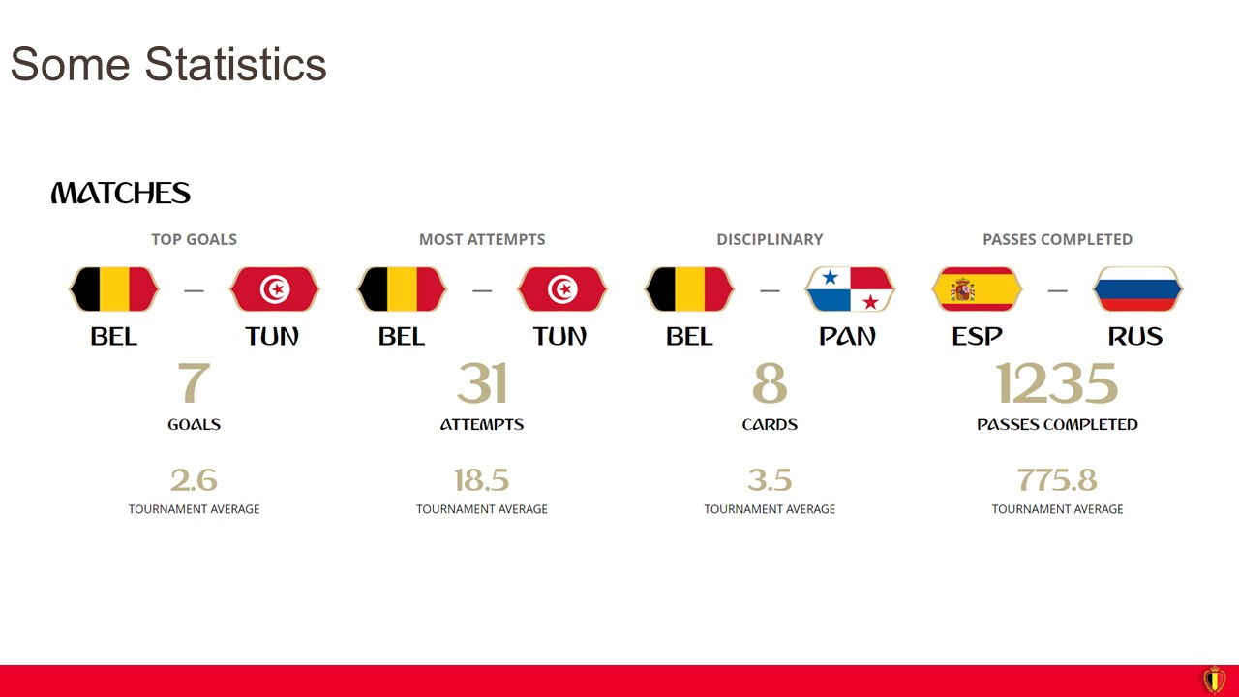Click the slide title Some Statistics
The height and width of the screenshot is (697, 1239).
[x=168, y=64]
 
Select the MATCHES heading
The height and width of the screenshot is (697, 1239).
[x=121, y=193]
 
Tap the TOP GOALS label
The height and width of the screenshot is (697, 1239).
[x=195, y=239]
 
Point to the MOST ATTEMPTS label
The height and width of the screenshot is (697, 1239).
[x=482, y=239]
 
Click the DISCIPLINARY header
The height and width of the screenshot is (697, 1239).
[x=770, y=239]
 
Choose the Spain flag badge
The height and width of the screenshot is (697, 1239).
[x=977, y=289]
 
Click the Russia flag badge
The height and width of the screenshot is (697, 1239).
[x=1137, y=289]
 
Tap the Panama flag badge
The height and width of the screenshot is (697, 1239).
[x=850, y=289]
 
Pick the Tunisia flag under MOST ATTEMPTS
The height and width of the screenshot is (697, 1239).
[x=562, y=289]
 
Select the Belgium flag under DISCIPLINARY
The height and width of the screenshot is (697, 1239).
[x=689, y=289]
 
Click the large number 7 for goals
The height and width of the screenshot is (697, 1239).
[x=195, y=382]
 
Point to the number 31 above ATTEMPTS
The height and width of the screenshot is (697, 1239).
[x=482, y=382]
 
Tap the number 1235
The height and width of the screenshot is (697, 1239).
[x=1057, y=382]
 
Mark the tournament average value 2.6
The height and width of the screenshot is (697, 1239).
[x=195, y=479]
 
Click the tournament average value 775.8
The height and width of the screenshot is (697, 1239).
[x=1057, y=479]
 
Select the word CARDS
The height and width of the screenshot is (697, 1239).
[x=770, y=424]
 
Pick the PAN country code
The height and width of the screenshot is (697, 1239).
[x=847, y=336]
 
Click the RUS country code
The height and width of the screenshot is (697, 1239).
[x=1135, y=336]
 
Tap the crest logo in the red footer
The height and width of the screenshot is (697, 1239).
[x=1214, y=680]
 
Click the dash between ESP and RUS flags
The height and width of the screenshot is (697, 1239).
[x=1058, y=290]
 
